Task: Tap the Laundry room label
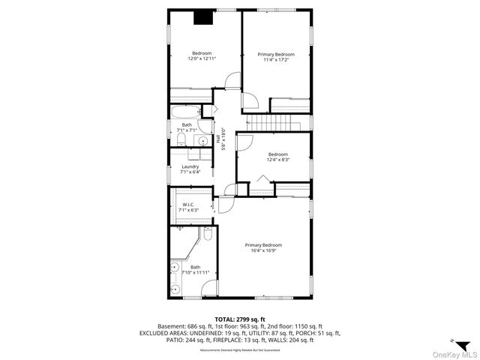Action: point(190,166)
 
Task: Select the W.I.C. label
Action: point(189,205)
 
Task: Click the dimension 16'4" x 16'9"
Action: point(266,250)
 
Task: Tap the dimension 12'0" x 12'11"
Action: point(202,58)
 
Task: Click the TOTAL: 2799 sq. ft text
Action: point(240,319)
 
